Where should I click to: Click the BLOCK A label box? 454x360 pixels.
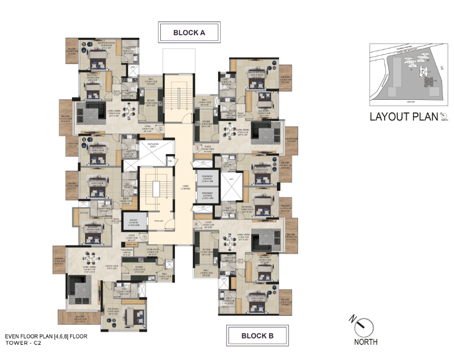(x=189, y=33)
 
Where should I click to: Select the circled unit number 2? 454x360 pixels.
(x=161, y=127)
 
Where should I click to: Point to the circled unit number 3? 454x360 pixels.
(x=197, y=149)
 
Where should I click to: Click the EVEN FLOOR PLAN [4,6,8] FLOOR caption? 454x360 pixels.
(x=46, y=335)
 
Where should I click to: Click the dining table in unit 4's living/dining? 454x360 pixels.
(x=230, y=240)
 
